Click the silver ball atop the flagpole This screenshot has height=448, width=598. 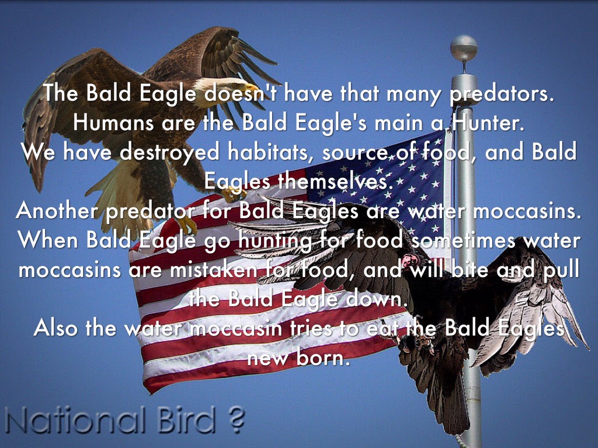[464, 48]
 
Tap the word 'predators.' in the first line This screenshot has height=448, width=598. [501, 94]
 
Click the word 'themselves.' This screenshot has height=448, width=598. [335, 181]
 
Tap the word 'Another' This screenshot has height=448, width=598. [57, 210]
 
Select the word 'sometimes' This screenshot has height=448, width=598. [463, 240]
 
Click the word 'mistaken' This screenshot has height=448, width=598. [214, 269]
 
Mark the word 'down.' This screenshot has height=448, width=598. [375, 299]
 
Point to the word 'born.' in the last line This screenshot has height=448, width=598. [324, 358]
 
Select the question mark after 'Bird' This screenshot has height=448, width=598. [237, 420]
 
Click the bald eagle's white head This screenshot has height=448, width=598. [225, 87]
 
